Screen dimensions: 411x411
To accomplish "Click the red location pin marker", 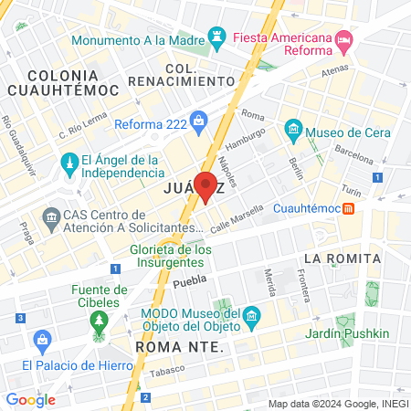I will pyautogui.click(x=205, y=185).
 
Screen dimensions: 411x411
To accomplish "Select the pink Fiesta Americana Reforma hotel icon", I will pyautogui.click(x=343, y=40).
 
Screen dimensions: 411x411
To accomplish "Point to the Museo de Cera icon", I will pyautogui.click(x=293, y=131).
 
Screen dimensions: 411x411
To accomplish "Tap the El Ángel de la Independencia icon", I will pyautogui.click(x=68, y=164).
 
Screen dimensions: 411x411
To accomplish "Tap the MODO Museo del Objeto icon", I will pyautogui.click(x=253, y=317).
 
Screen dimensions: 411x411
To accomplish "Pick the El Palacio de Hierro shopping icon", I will pyautogui.click(x=41, y=342).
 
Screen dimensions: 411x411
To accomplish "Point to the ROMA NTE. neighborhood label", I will pyautogui.click(x=179, y=347).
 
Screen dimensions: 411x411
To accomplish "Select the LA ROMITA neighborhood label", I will pyautogui.click(x=342, y=258).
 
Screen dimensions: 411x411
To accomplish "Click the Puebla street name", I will pyautogui.click(x=190, y=282).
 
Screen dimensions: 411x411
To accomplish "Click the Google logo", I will pyautogui.click(x=30, y=399).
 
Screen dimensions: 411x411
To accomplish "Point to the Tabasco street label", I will pyautogui.click(x=167, y=369).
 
